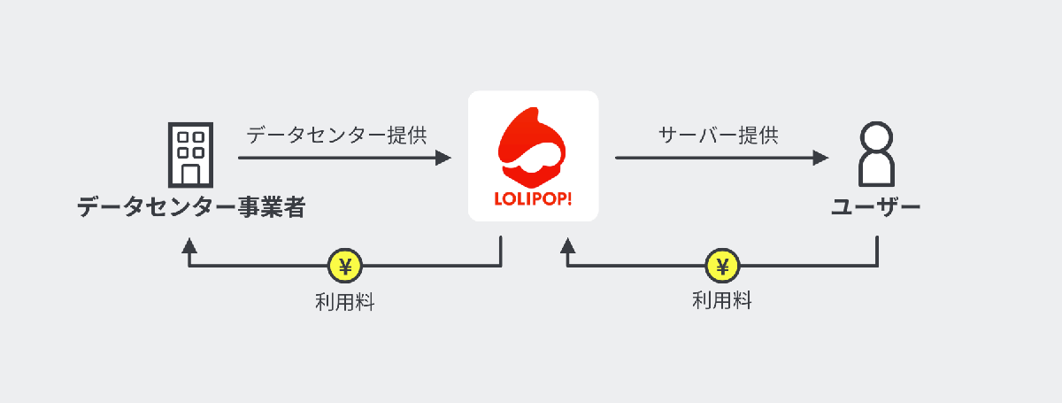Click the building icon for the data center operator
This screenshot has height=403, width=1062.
(x=190, y=154)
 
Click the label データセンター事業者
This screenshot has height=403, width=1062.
(x=190, y=209)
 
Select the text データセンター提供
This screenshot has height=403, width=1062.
(x=336, y=136)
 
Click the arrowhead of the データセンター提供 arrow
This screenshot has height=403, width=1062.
(x=444, y=159)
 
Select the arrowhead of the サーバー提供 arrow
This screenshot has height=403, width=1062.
(x=821, y=159)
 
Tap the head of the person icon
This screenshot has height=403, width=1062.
(x=876, y=138)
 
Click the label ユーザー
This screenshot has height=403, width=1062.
(x=876, y=209)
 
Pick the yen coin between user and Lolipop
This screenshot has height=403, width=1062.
(x=722, y=266)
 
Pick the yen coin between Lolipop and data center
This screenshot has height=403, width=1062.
(x=345, y=266)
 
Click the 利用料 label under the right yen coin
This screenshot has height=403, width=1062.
(x=722, y=300)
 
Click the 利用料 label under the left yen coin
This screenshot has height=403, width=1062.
(x=345, y=302)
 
